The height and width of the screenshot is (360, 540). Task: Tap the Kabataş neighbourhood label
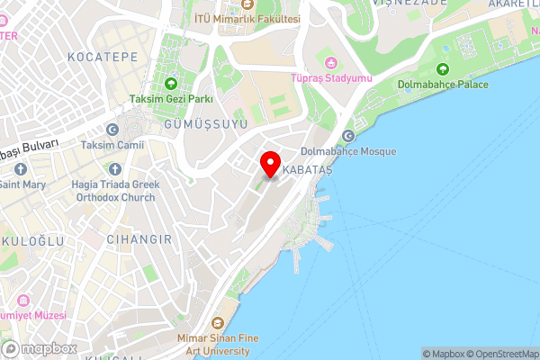pyautogui.click(x=308, y=170)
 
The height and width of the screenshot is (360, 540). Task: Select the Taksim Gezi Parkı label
pyautogui.click(x=170, y=98)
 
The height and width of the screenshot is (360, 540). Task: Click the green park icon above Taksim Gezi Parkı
pyautogui.click(x=170, y=84)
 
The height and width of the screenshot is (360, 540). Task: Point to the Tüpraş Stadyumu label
pyautogui.click(x=330, y=78)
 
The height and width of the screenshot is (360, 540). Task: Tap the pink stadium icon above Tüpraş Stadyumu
pyautogui.click(x=330, y=63)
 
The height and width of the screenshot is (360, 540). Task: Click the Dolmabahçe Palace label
pyautogui.click(x=443, y=85)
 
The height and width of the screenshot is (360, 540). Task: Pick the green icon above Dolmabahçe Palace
pyautogui.click(x=443, y=69)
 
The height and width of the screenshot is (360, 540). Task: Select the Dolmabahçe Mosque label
pyautogui.click(x=347, y=151)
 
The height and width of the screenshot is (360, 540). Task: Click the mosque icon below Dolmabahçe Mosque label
pyautogui.click(x=347, y=135)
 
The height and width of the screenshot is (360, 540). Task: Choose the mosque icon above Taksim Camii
pyautogui.click(x=112, y=130)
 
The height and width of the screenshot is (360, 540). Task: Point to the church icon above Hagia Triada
pyautogui.click(x=114, y=168)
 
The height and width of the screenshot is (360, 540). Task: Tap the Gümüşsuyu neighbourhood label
pyautogui.click(x=206, y=124)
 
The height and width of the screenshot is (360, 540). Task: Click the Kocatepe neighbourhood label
pyautogui.click(x=103, y=56)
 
